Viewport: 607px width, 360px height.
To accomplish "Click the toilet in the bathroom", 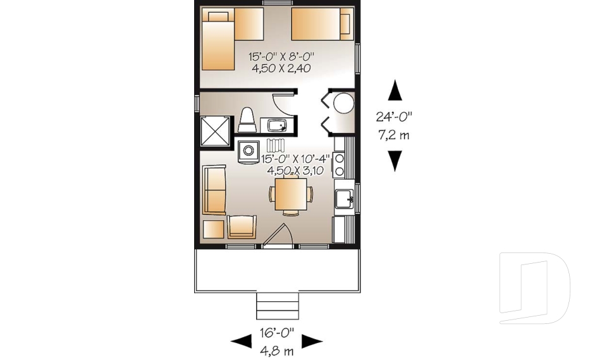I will [x=247, y=120].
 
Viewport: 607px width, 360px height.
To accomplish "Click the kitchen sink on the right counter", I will [x=345, y=199].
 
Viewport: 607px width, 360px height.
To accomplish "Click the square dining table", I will [x=291, y=194].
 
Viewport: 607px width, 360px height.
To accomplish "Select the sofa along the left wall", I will [x=213, y=190].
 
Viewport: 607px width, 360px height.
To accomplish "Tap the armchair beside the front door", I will [x=242, y=227].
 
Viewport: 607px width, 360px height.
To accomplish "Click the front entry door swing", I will [x=276, y=237].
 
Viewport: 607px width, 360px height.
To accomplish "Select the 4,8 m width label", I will [x=276, y=347].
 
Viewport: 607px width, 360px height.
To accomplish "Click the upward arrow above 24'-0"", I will [x=395, y=90].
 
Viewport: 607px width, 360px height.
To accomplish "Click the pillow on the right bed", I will [x=345, y=23].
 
